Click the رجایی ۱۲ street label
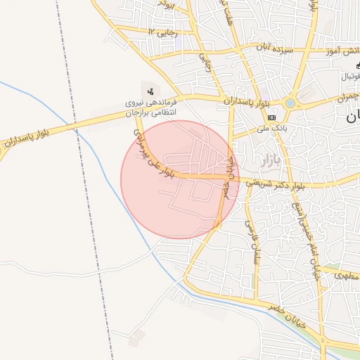click(163, 32)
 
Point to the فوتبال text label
click(350, 75)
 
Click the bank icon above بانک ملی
click(271, 117)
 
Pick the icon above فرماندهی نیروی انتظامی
click(151, 91)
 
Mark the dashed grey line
click(91, 211)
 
